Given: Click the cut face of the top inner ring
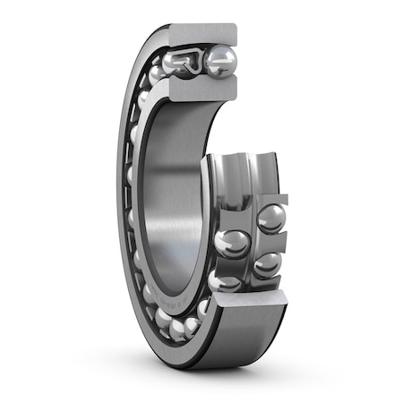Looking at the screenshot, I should tap(201, 87).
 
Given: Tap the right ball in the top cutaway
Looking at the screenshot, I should tap(219, 61).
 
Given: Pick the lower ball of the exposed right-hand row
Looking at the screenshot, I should tap(267, 264).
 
